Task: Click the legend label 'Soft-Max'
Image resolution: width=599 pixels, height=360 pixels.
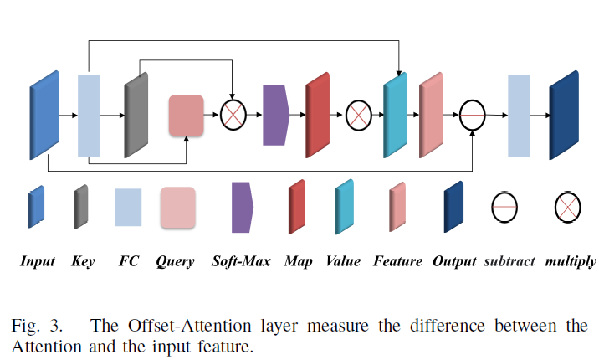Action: [x=241, y=262]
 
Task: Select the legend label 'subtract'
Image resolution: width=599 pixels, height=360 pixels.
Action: [x=509, y=262]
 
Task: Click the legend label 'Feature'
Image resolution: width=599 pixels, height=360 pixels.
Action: [x=398, y=262]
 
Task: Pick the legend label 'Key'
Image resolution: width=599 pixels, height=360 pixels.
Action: [x=84, y=262]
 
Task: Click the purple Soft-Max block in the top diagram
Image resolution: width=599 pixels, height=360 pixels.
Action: [x=275, y=115]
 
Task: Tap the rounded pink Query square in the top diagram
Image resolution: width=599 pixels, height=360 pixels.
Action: [x=186, y=115]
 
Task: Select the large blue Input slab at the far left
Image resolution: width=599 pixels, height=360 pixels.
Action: [x=44, y=115]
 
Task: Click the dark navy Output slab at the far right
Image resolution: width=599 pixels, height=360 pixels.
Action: [x=564, y=115]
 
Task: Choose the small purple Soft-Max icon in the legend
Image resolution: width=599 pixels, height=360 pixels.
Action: [x=242, y=207]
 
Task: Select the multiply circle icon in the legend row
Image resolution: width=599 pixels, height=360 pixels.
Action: [x=568, y=206]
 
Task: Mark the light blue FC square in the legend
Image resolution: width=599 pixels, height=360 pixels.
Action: [x=128, y=207]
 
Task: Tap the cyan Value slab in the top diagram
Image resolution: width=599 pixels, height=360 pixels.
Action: [x=394, y=115]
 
